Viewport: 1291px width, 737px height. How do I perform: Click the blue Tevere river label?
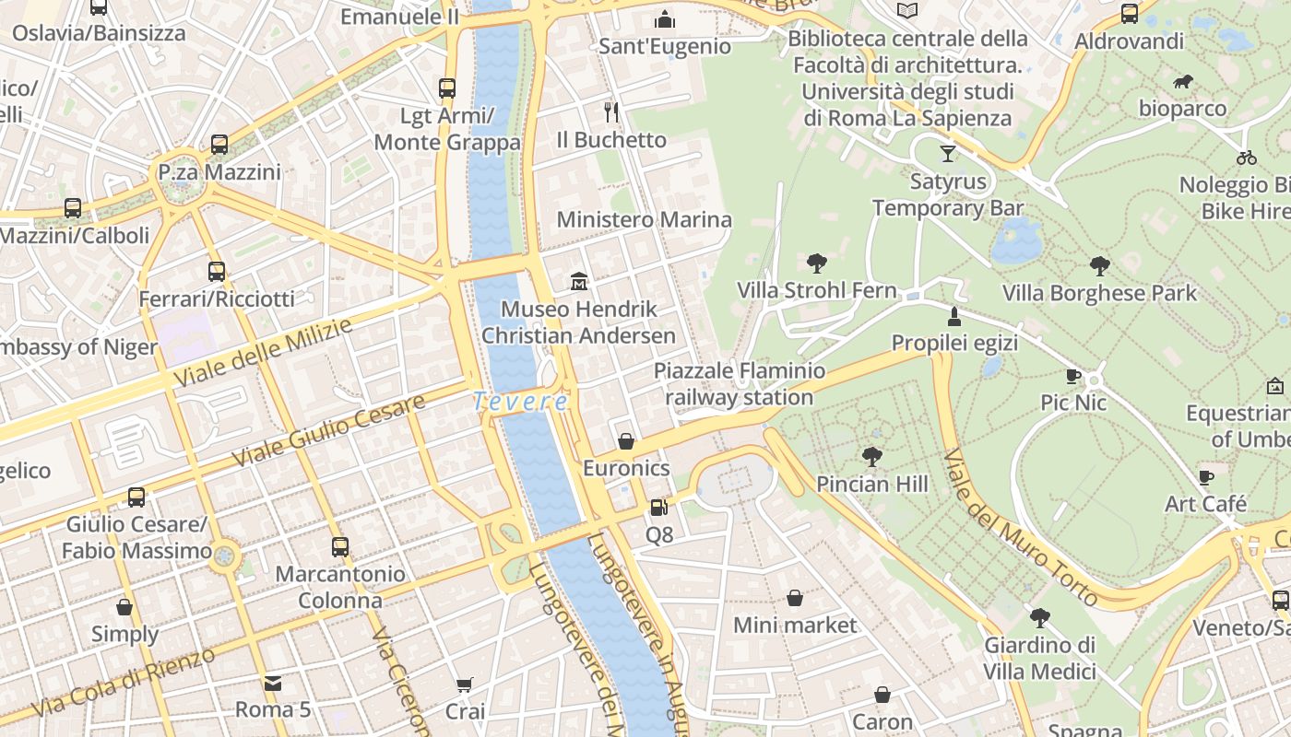tap(521, 402)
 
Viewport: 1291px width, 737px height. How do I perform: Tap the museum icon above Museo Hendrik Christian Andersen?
tap(579, 280)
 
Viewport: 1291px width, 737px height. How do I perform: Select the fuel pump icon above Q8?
tap(657, 507)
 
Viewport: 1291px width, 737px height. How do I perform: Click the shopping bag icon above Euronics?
tap(626, 441)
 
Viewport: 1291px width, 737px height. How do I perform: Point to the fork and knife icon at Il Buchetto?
tap(610, 112)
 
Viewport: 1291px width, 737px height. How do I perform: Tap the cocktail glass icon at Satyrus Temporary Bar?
tap(948, 153)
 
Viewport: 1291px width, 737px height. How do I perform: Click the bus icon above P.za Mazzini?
tap(219, 145)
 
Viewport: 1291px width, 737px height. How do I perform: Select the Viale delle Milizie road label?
tap(263, 353)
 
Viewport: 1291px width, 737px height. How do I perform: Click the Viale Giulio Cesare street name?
tap(328, 429)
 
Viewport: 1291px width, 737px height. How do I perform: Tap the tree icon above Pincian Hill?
tap(871, 456)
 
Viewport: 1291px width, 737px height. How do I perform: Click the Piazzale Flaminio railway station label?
tap(740, 384)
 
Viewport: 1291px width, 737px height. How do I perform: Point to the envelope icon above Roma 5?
tap(273, 683)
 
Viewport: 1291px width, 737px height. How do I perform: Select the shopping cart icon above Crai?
tap(465, 684)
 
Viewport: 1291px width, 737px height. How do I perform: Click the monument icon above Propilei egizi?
tap(954, 317)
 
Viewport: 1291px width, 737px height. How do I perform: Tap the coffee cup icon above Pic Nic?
tap(1073, 376)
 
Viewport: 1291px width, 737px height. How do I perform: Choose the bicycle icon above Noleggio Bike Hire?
tap(1247, 158)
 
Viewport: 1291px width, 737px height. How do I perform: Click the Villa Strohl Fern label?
tap(816, 291)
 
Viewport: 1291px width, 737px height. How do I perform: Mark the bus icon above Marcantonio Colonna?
tap(340, 546)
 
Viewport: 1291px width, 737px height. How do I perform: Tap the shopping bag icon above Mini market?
tap(794, 598)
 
